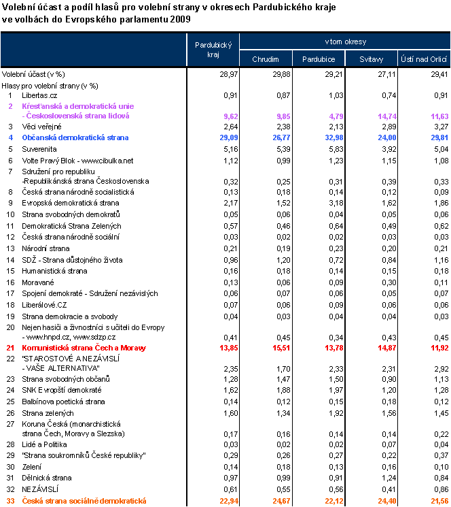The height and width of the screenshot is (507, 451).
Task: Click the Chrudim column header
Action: tap(266, 59)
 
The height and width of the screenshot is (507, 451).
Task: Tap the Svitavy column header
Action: tap(371, 59)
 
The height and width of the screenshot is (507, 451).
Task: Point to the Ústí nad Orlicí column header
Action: tap(424, 59)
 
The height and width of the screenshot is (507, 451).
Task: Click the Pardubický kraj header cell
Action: tap(213, 50)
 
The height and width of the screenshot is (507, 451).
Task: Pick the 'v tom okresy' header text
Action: tap(345, 42)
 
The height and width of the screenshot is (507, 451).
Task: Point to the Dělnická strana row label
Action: tap(46, 478)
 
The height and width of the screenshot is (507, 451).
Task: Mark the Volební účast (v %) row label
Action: tap(33, 73)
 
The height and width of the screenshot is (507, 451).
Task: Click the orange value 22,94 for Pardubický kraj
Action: tap(223, 501)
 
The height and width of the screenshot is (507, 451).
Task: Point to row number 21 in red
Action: tap(10, 348)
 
